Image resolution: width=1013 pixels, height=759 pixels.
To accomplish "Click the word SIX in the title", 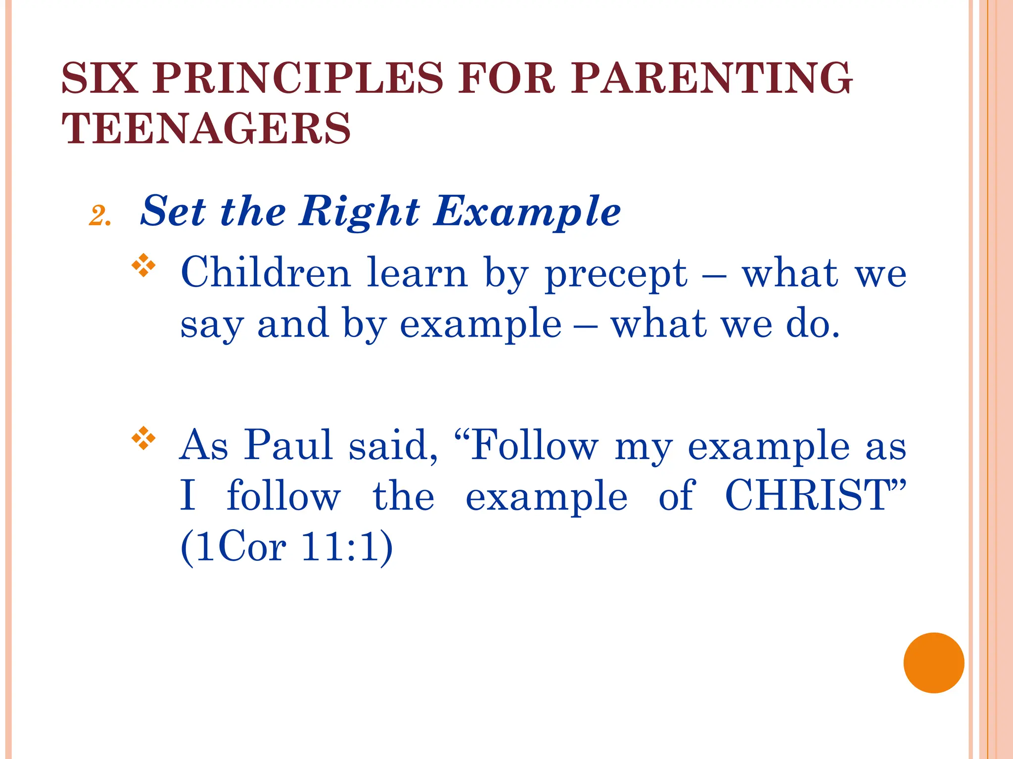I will [x=99, y=78].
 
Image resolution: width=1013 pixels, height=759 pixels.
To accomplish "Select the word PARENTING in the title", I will [x=712, y=78].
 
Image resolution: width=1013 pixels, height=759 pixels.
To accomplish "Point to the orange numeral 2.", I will [x=99, y=216].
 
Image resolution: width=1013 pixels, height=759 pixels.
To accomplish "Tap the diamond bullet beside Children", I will [x=143, y=265].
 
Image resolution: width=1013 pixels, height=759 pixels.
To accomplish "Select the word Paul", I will [x=288, y=445].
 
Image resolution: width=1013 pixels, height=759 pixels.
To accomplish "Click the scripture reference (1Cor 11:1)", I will [x=287, y=548].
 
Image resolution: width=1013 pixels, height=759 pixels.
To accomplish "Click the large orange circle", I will [x=933, y=663].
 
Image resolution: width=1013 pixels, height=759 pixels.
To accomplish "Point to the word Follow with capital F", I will [x=534, y=445].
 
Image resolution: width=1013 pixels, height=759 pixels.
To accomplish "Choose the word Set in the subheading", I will [x=173, y=211].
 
